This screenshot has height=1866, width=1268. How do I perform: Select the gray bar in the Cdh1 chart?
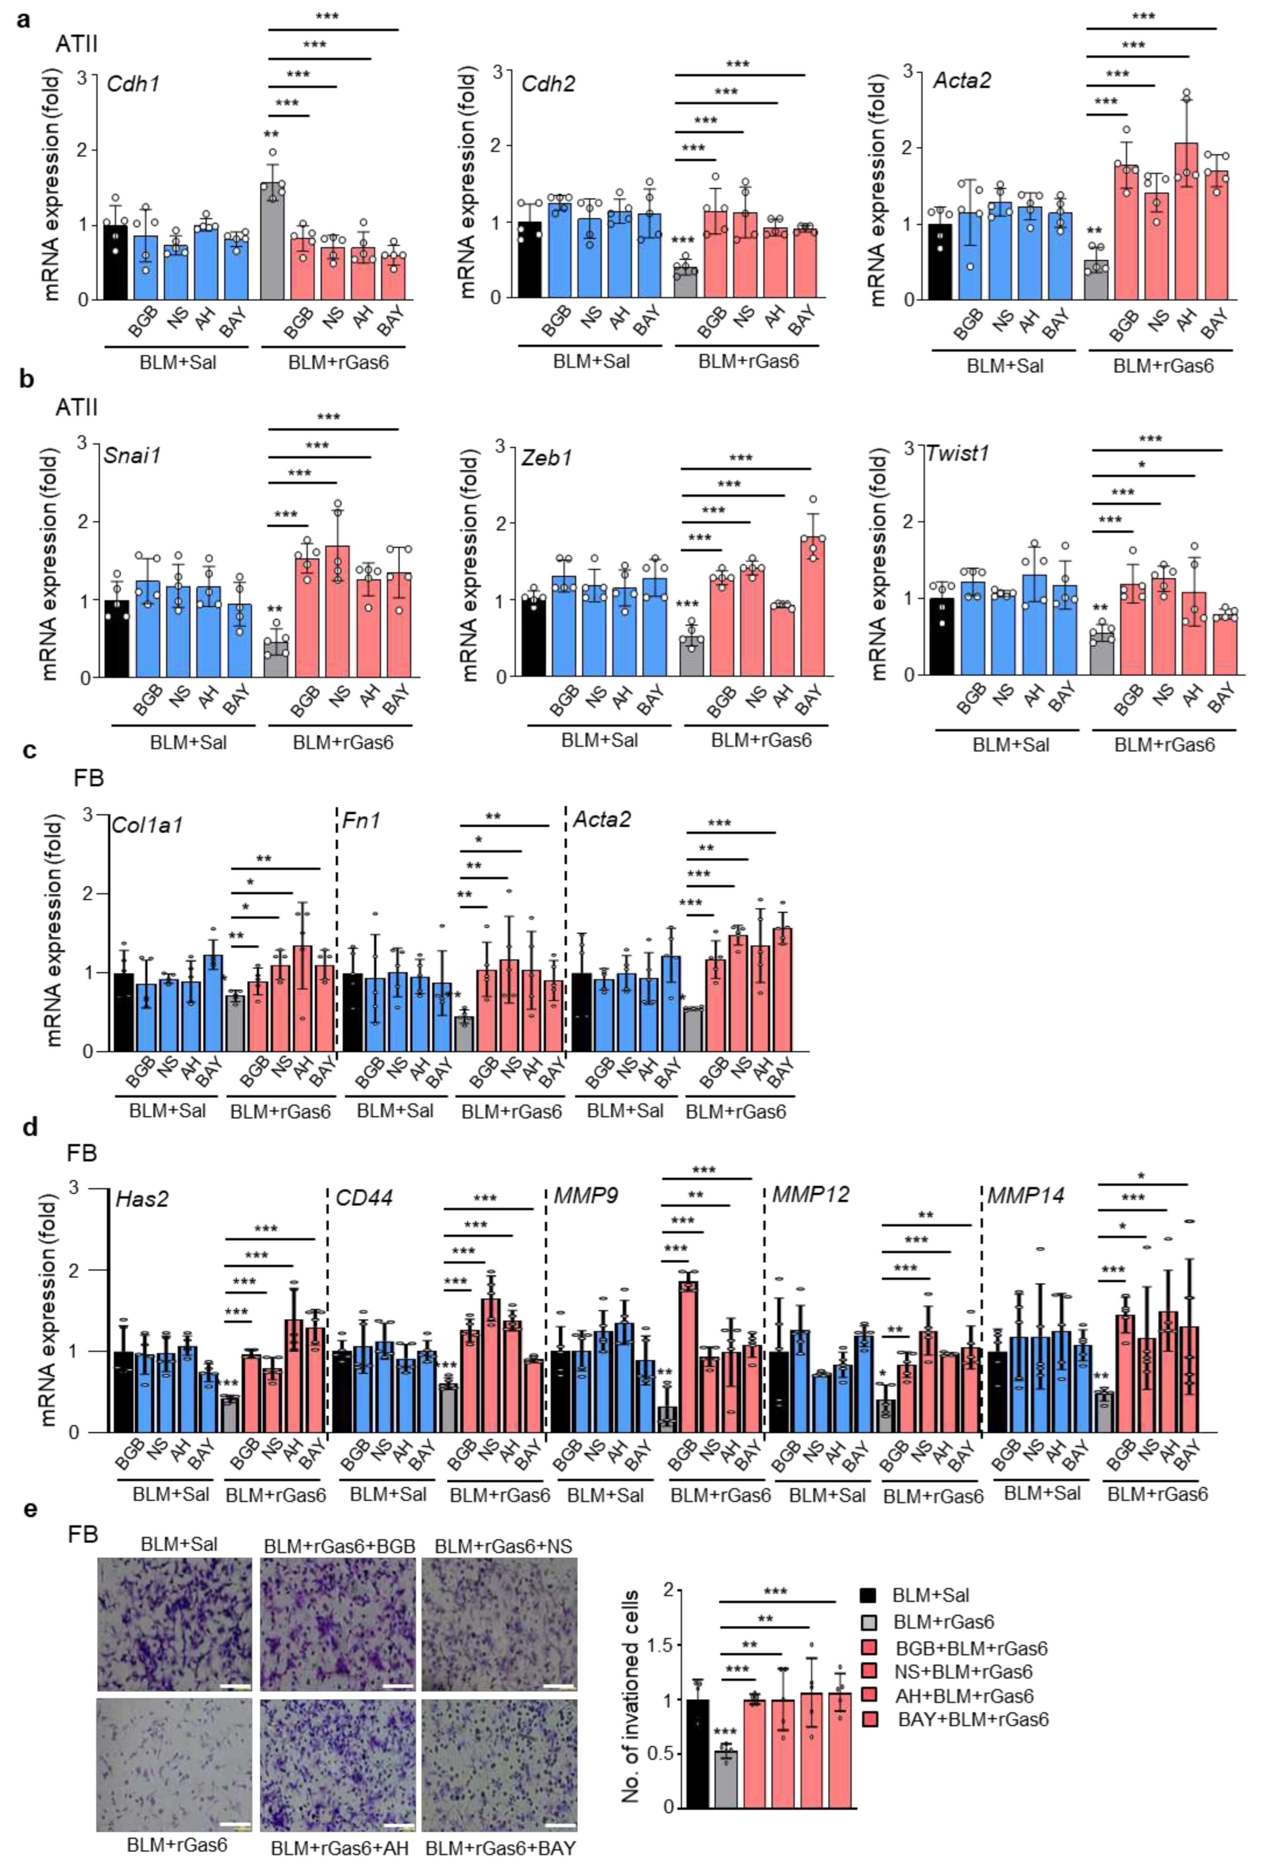pos(273,241)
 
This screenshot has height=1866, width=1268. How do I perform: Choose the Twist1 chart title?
pos(957,453)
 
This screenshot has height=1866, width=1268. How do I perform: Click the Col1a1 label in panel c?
pos(147,825)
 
